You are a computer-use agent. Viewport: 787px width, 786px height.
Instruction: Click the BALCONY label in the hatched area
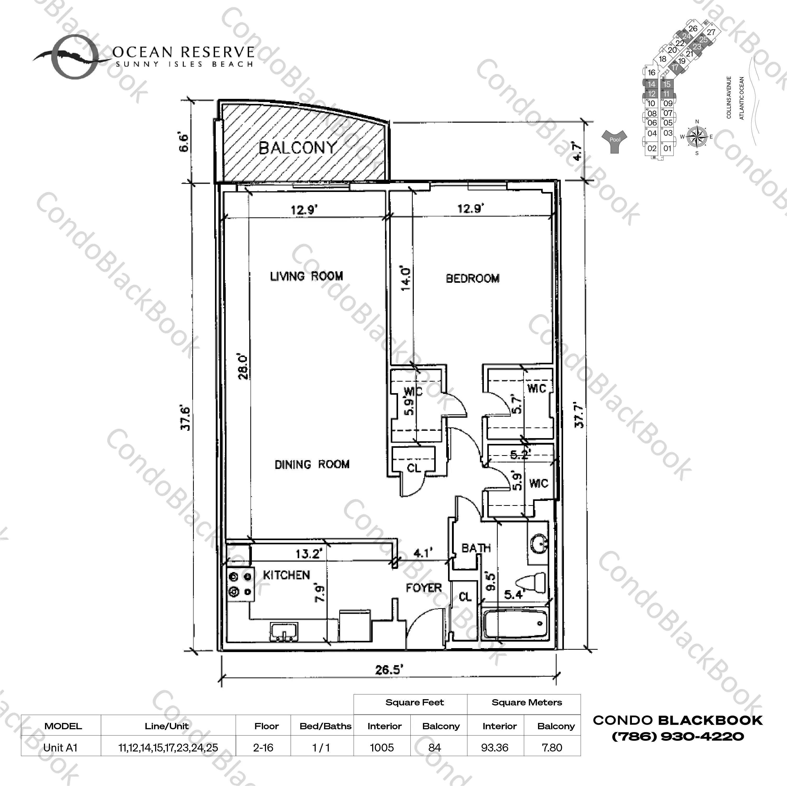coord(298,148)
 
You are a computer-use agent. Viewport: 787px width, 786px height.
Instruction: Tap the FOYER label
coord(424,588)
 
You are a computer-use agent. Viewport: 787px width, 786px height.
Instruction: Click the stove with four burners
coord(240,584)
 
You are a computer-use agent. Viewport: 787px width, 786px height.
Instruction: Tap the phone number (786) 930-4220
coord(677,736)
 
